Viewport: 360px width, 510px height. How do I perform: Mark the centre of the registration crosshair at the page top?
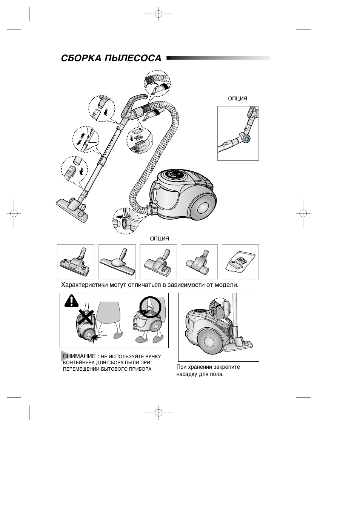point(158,14)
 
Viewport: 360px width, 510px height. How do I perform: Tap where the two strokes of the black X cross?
point(86,317)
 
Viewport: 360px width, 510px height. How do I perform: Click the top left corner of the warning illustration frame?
point(60,293)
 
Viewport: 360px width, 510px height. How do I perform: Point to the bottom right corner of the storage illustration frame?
point(259,361)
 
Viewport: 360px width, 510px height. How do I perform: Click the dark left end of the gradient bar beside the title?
point(167,58)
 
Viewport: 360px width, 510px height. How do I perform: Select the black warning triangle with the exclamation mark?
point(71,300)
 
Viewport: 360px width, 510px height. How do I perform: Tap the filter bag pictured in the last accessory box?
point(240,262)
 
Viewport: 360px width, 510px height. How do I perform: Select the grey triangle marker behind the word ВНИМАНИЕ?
point(65,356)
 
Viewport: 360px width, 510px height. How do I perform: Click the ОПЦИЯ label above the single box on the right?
point(238,99)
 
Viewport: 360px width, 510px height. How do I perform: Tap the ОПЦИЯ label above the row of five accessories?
point(159,239)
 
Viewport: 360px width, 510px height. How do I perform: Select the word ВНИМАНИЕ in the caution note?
point(79,356)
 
